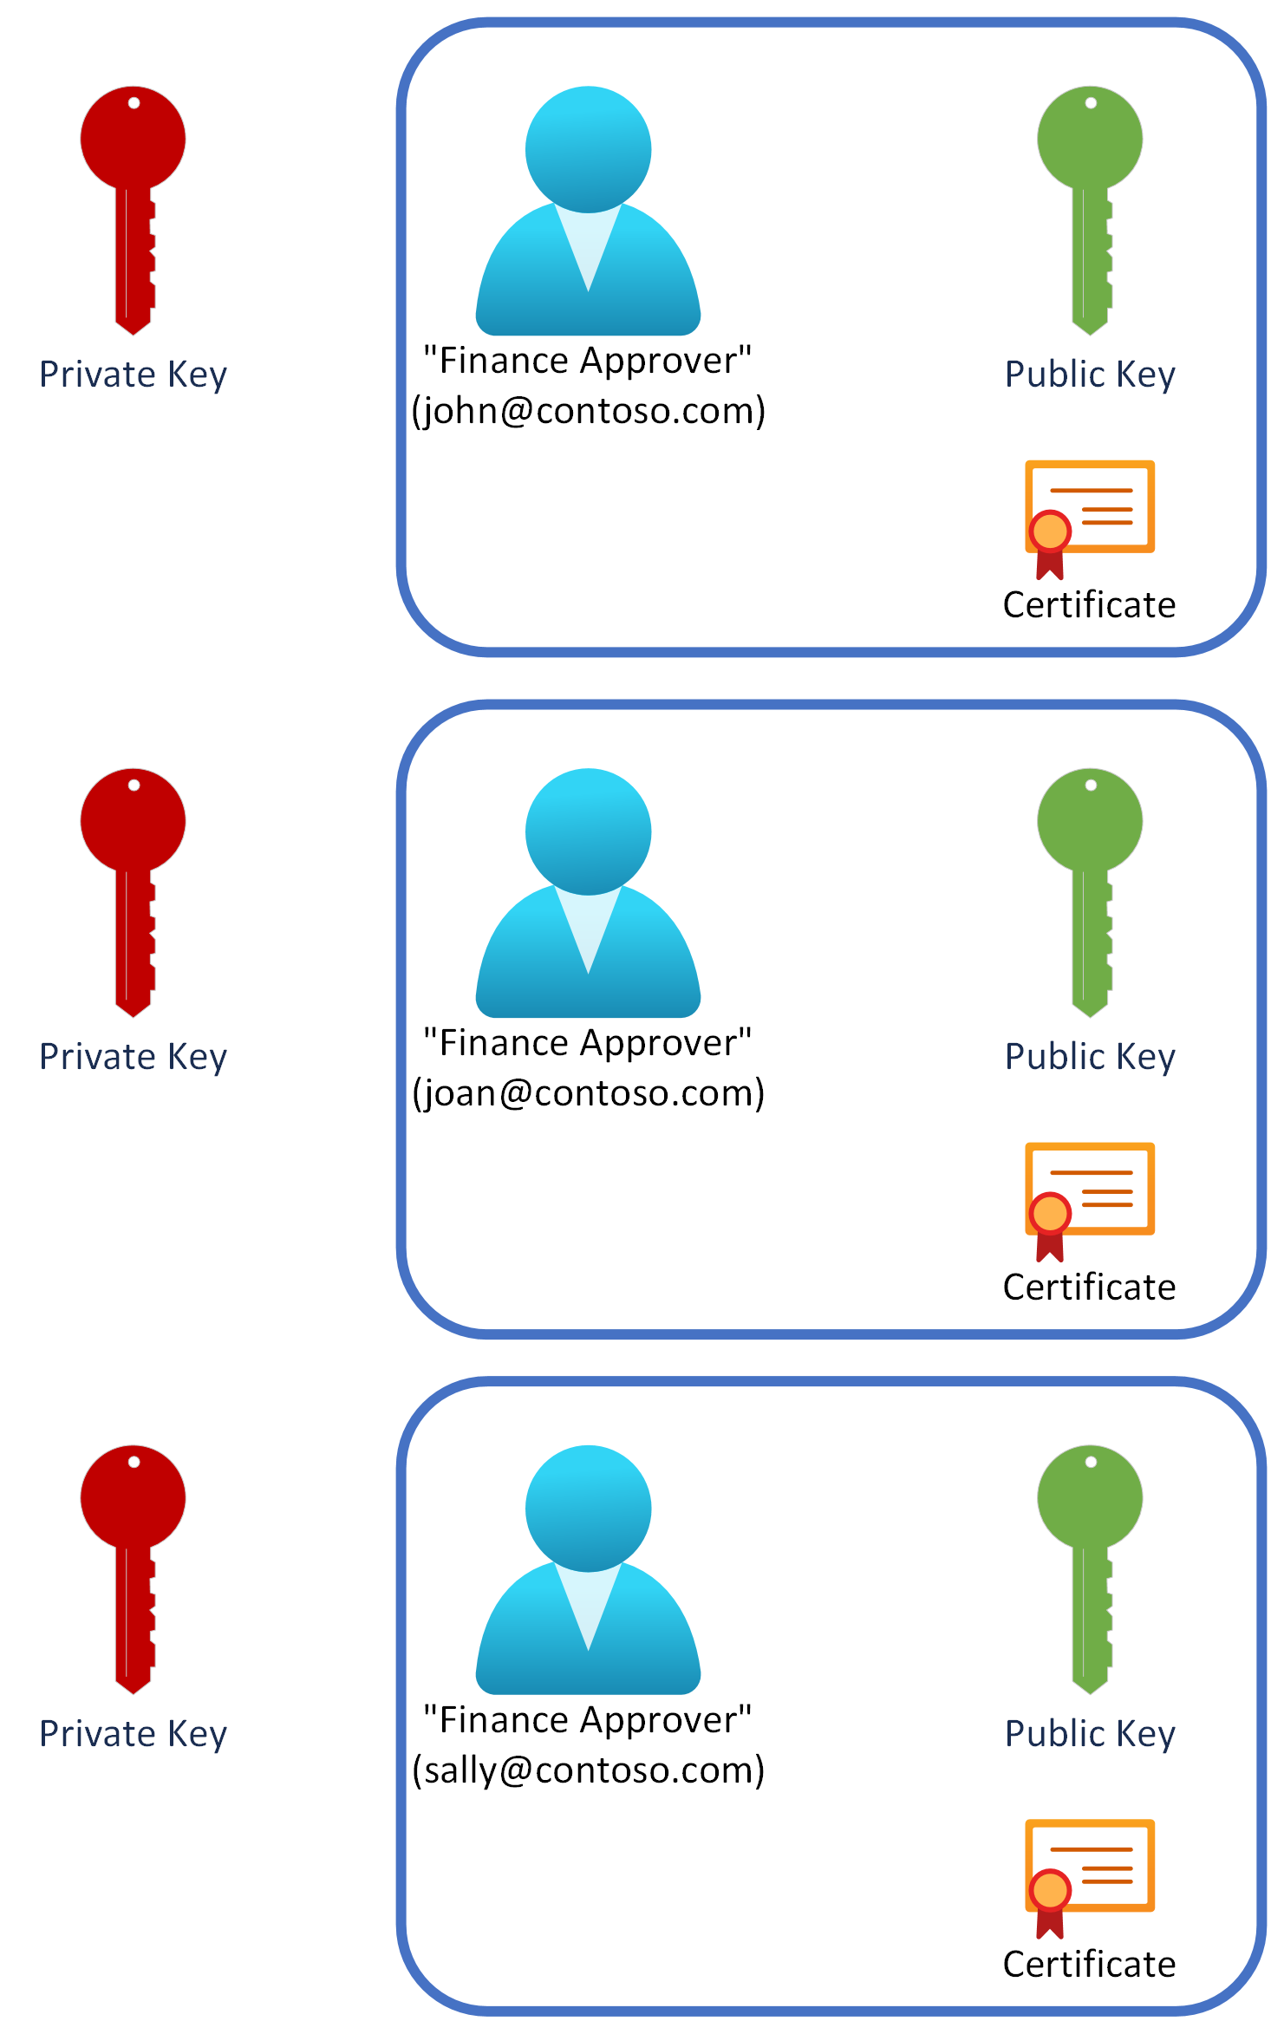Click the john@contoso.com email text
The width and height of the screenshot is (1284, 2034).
tap(589, 410)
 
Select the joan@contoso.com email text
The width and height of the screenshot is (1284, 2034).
tap(589, 1092)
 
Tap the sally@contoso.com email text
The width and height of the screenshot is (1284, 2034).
tap(589, 1770)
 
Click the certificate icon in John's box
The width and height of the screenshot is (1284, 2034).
tap(1089, 515)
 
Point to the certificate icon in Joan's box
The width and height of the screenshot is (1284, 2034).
tap(1089, 1197)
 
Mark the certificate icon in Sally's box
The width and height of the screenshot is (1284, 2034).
tap(1089, 1874)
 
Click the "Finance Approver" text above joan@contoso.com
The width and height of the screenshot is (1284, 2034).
tap(588, 1043)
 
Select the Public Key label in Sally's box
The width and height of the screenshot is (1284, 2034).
tap(1090, 1734)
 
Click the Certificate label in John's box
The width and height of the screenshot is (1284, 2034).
tap(1089, 605)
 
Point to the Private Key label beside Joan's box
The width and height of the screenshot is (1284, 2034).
tap(133, 1057)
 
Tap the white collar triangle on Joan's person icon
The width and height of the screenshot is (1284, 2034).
tap(588, 923)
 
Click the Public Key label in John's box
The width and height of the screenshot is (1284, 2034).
tap(1090, 375)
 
